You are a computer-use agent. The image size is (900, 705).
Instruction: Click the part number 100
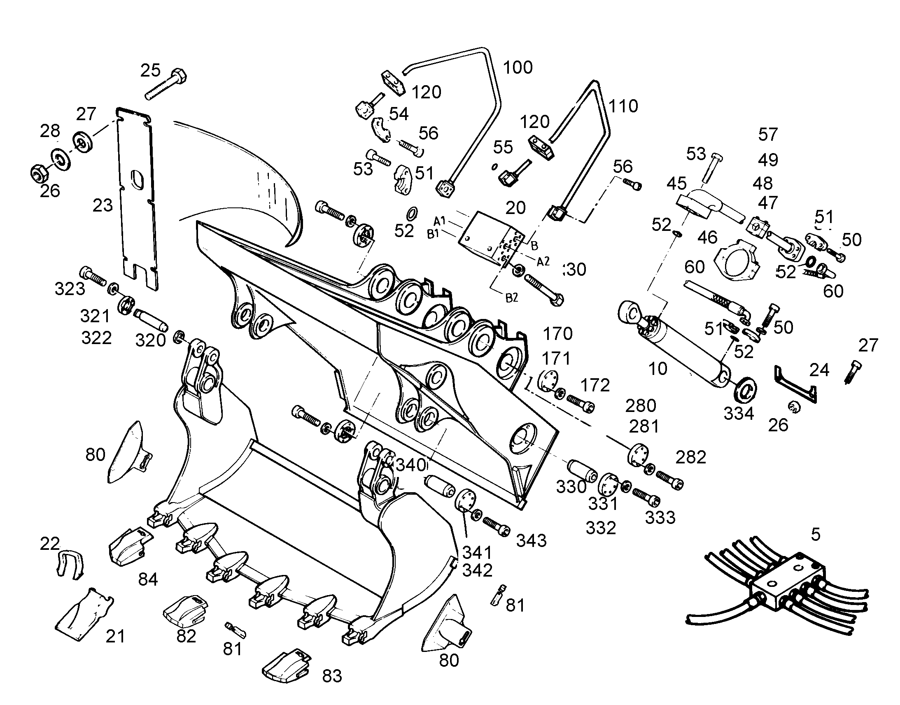coord(518,67)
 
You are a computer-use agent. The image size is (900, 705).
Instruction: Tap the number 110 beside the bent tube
coord(623,107)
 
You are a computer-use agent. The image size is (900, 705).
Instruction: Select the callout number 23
coord(103,205)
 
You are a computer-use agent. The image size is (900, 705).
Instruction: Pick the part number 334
coord(739,414)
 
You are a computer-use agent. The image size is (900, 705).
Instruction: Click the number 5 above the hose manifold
coord(815,535)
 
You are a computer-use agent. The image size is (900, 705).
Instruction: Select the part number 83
coord(332,676)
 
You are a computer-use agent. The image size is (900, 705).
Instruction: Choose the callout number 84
coord(148,579)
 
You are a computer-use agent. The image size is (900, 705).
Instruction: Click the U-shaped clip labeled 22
coord(69,564)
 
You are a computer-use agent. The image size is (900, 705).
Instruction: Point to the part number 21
coord(115,637)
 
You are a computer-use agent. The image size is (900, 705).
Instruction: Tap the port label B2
coord(511,298)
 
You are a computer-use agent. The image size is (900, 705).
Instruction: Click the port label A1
coord(440,221)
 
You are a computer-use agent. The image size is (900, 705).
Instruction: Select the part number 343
coord(532,540)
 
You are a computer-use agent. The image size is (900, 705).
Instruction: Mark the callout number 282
coord(691,457)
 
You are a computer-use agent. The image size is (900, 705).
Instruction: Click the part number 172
coord(595,385)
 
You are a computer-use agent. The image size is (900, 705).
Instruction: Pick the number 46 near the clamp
coord(707,237)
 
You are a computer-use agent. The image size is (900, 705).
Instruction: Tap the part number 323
coord(70,289)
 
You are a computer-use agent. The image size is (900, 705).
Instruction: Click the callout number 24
coord(819,370)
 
